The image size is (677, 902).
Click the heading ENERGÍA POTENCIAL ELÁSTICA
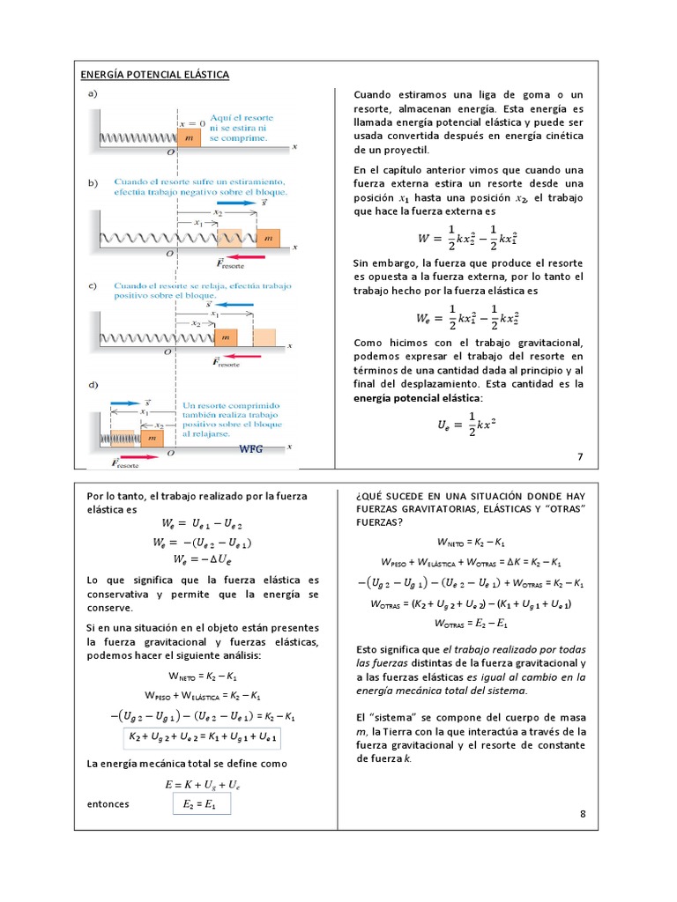155,75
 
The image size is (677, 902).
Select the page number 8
583,814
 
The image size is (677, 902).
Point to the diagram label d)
93,385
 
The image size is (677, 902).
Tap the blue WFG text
251,449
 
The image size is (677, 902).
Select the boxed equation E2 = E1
199,803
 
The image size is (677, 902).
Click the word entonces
105,804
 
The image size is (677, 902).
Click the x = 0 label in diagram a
192,122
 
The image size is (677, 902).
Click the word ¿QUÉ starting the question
368,496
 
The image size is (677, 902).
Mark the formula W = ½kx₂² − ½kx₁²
467,237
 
